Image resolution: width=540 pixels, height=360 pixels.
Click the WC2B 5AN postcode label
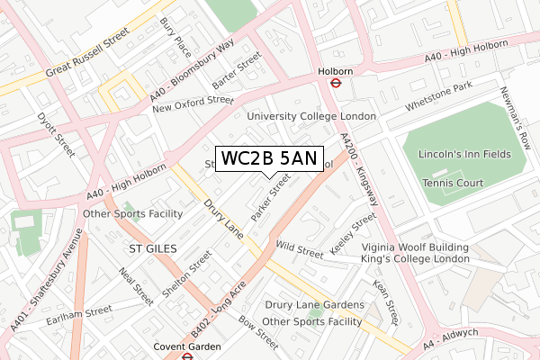coord(269,159)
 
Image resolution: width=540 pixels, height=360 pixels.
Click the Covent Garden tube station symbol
coord(187,356)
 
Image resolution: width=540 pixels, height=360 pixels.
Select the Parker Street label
coord(271,198)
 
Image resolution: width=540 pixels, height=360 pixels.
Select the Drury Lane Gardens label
coord(311,306)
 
